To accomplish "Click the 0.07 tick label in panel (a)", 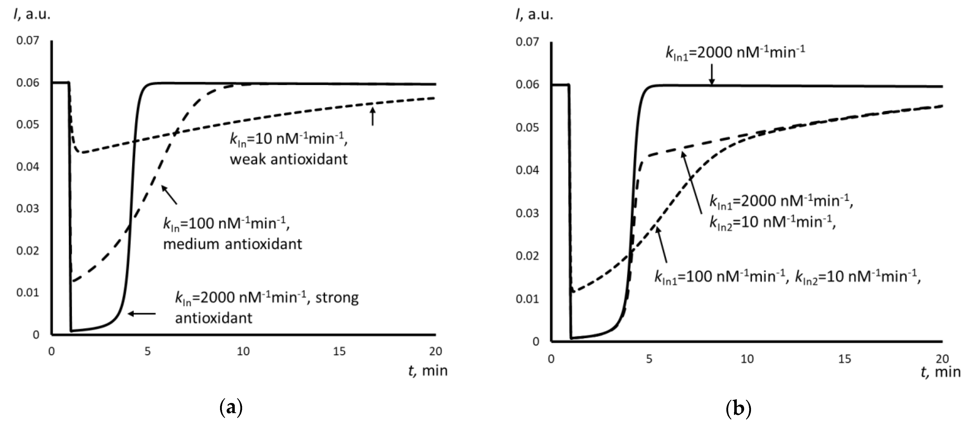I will [x=27, y=40].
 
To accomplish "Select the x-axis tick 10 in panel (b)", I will [x=747, y=359].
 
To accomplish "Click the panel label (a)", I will [x=230, y=408].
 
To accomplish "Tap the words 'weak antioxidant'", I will [x=289, y=159].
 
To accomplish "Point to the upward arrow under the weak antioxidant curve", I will [x=372, y=116].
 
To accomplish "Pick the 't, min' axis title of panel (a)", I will [x=428, y=371].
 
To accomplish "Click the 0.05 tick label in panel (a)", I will [x=27, y=124].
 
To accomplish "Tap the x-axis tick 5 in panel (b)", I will [x=649, y=359].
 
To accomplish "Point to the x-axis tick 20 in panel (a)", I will [x=436, y=351].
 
